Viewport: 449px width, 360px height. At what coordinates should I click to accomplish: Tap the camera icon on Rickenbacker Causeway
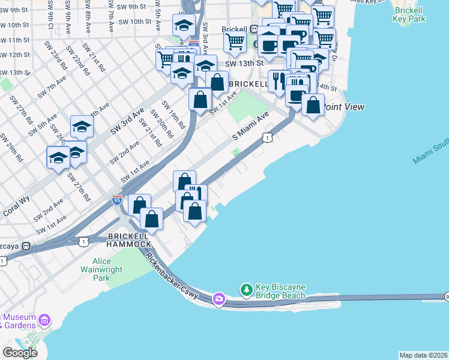pyautogui.click(x=219, y=298)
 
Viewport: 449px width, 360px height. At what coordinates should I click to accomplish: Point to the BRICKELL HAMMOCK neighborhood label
pyautogui.click(x=129, y=240)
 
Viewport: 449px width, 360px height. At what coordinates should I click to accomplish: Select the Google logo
pyautogui.click(x=20, y=352)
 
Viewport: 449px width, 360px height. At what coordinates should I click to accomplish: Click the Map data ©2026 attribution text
pyautogui.click(x=423, y=355)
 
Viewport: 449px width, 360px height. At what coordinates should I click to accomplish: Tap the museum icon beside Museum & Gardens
pyautogui.click(x=44, y=320)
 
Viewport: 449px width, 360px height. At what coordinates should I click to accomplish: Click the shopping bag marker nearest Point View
pyautogui.click(x=313, y=104)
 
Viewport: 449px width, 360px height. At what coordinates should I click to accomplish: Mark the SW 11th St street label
pyautogui.click(x=15, y=40)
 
